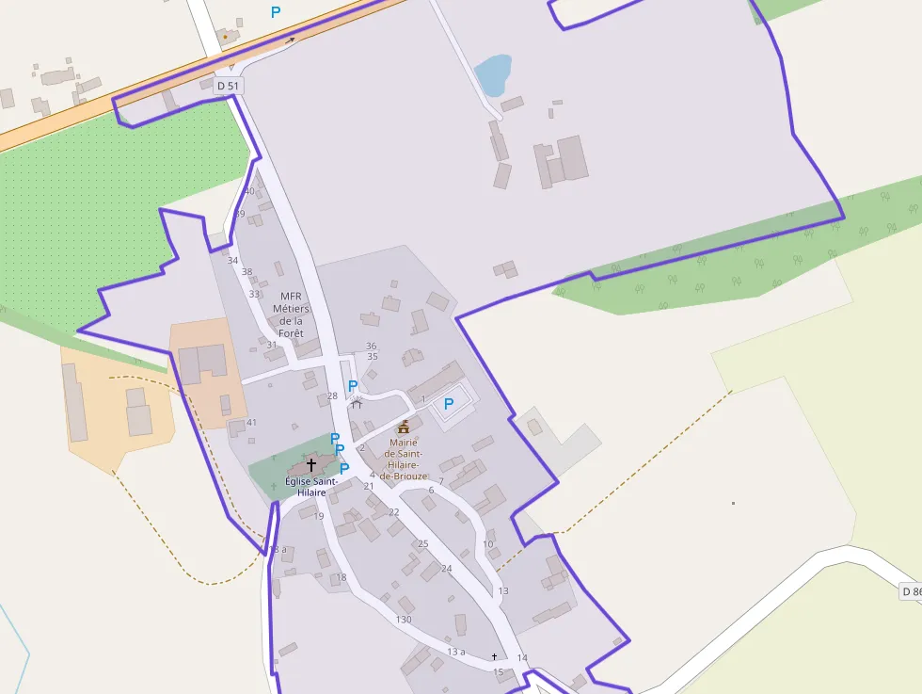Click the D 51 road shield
click(227, 86)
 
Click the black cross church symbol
click(311, 465)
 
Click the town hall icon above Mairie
click(404, 428)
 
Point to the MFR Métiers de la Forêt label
click(291, 315)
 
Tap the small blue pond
click(493, 74)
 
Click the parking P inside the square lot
click(449, 404)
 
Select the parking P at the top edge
click(276, 12)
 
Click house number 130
click(404, 619)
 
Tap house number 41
click(251, 423)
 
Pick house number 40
click(249, 191)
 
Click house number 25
click(423, 543)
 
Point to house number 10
click(487, 543)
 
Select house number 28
click(332, 395)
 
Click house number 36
click(372, 346)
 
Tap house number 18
click(342, 577)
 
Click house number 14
click(523, 657)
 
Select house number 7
click(440, 481)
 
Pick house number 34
click(233, 260)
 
